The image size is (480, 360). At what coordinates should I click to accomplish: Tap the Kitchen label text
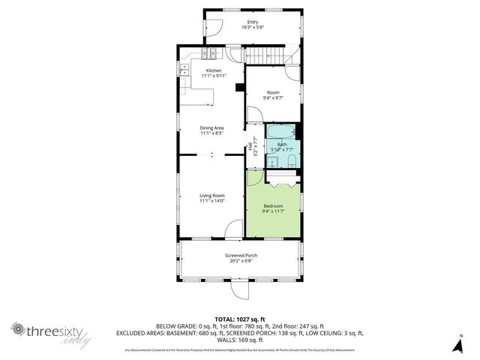tap(214, 70)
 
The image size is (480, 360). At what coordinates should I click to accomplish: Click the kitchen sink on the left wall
tap(183, 68)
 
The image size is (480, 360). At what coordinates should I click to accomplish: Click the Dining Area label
tap(211, 127)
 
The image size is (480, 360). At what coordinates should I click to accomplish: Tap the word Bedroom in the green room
tap(273, 205)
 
